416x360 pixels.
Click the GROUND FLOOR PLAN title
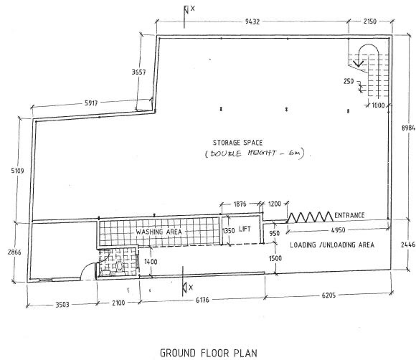(x=209, y=353)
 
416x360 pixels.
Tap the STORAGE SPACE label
(x=237, y=143)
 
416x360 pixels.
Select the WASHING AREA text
(x=159, y=232)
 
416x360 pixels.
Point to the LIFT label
(x=245, y=229)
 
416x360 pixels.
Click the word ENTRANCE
(x=349, y=215)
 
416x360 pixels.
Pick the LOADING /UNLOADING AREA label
(x=332, y=245)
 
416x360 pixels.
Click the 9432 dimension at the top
(x=252, y=22)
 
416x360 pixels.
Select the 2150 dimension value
(x=370, y=22)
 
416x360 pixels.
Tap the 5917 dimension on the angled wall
(x=91, y=103)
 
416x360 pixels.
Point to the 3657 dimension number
(x=138, y=72)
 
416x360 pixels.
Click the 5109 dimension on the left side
(x=17, y=171)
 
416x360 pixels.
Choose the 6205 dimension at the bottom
(x=328, y=295)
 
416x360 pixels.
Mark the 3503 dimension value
(x=62, y=305)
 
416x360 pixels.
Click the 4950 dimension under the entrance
(x=339, y=230)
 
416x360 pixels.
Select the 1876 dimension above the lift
(x=240, y=204)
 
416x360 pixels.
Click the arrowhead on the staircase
(x=359, y=63)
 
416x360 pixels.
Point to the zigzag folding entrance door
(x=310, y=217)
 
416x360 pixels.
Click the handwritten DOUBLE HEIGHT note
(x=255, y=153)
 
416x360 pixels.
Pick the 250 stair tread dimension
(x=349, y=81)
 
